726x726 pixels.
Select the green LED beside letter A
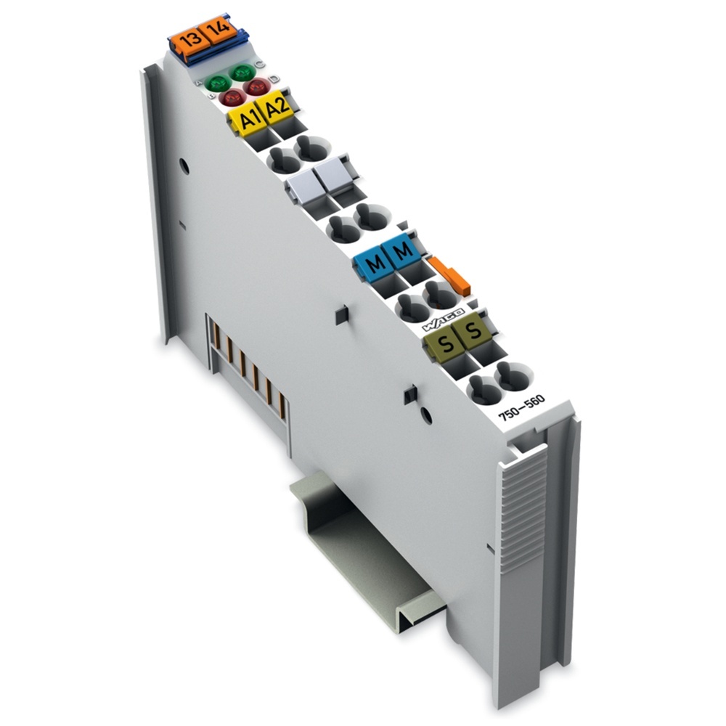pyautogui.click(x=214, y=83)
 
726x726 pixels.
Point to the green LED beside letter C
pyautogui.click(x=240, y=73)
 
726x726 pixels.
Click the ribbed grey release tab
pyautogui.click(x=523, y=508)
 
